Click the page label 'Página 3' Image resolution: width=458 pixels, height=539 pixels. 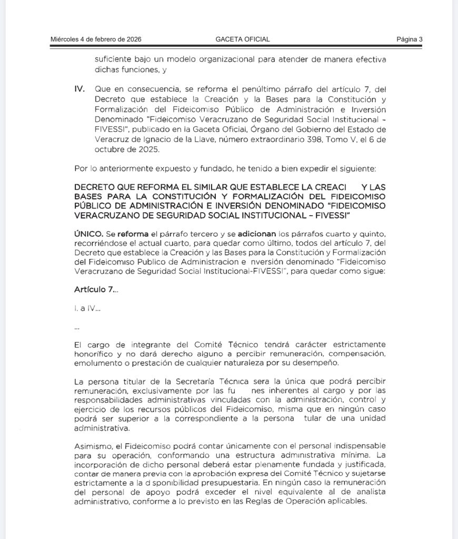[410, 39]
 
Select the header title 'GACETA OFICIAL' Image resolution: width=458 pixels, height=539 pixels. [243, 39]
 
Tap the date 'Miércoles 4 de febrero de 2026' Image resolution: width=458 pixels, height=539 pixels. [96, 39]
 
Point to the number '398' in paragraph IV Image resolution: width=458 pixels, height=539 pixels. [312, 140]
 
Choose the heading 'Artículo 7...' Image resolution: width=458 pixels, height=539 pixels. [96, 290]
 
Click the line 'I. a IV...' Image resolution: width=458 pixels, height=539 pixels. [87, 309]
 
